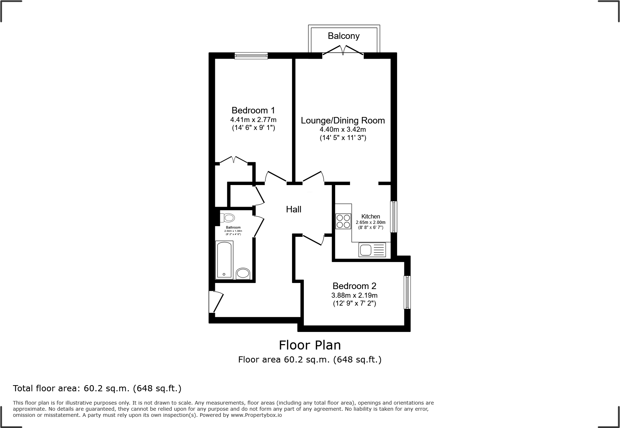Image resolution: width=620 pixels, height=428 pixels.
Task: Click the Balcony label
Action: pos(343,36)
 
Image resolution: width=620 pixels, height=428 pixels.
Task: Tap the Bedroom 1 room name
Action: pos(253,111)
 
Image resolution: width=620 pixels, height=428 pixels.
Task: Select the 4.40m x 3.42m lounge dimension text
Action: pos(343,130)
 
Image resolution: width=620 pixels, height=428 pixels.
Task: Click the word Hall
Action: pos(293,210)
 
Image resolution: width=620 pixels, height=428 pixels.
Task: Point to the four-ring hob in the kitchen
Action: pos(343,221)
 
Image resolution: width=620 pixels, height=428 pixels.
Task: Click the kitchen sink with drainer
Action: pos(372,249)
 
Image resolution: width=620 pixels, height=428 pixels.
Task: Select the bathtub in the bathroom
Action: pos(224,260)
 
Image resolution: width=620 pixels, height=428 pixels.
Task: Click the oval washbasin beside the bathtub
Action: pos(243,274)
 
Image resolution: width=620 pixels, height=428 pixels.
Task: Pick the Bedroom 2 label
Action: pos(354,286)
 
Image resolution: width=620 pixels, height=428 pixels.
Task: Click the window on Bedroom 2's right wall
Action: pos(407,292)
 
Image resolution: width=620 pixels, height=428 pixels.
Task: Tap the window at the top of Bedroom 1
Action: pos(251,55)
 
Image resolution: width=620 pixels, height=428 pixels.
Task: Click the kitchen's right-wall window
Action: pos(394,217)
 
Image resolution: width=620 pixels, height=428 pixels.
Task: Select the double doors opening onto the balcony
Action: pos(343,50)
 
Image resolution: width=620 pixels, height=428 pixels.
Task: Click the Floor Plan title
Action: pos(310,345)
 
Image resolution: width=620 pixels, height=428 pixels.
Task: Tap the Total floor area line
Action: pos(97,388)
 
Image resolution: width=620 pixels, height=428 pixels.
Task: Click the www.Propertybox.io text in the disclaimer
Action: pos(256,415)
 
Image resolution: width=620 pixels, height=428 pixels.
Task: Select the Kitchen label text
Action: pos(370,216)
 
